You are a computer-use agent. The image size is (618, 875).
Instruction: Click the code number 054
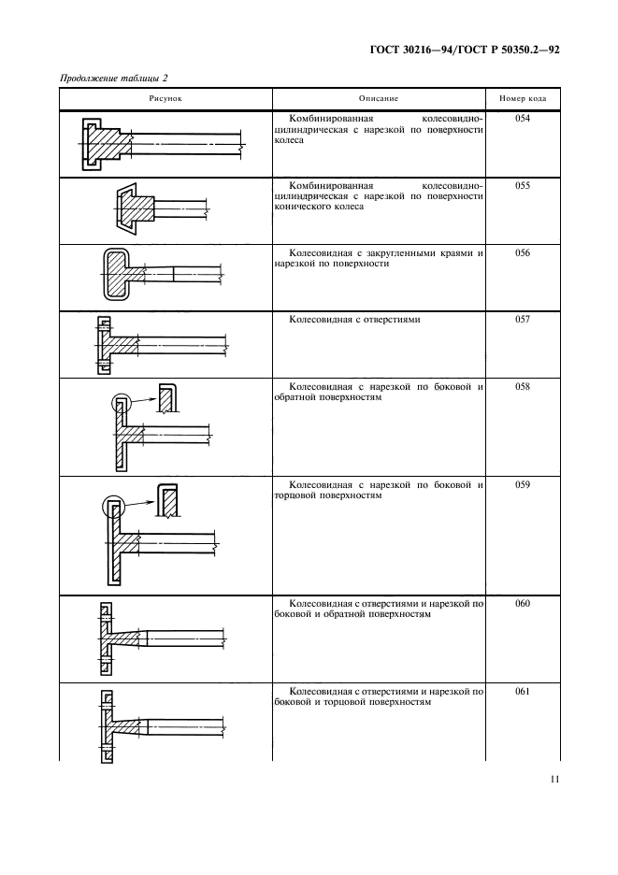pos(523,119)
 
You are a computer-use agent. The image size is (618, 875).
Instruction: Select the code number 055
pos(523,186)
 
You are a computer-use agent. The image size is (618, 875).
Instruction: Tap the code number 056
pos(523,252)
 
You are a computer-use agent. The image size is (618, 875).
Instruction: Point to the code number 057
pos(523,319)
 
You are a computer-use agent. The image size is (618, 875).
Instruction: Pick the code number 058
pos(523,386)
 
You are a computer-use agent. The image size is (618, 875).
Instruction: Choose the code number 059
pos(523,484)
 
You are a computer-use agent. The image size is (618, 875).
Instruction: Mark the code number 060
pos(523,603)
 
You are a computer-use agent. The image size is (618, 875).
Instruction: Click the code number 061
pos(523,692)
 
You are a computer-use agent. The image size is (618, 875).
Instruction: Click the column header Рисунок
pos(165,99)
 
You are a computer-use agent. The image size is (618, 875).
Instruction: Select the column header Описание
pos(379,99)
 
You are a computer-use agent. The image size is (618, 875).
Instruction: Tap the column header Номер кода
pos(523,99)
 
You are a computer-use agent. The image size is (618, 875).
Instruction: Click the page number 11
pos(554,780)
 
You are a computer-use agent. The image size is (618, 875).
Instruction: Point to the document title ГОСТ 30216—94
pos(412,50)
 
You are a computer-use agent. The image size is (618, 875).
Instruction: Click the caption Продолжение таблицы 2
pos(113,79)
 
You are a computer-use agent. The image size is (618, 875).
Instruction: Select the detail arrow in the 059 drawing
pos(139,503)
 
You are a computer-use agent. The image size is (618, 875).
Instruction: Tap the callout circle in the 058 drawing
pos(121,403)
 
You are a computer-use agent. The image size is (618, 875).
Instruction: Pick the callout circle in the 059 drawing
pos(114,507)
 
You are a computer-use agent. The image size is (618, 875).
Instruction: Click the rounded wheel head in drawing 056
pos(116,274)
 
